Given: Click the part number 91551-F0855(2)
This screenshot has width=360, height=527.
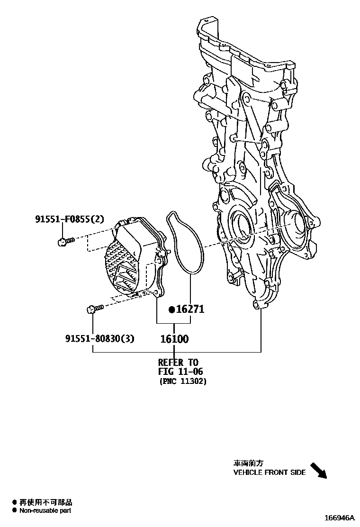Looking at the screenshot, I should tap(69, 219).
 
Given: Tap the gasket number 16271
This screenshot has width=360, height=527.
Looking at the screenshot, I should tap(190, 309).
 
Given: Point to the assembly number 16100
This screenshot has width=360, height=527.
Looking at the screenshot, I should tap(174, 339).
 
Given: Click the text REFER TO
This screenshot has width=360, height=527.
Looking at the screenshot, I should tap(178, 363).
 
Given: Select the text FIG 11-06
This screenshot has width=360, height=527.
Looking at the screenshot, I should tap(180, 372).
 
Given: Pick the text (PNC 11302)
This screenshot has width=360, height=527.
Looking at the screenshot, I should tap(182, 381).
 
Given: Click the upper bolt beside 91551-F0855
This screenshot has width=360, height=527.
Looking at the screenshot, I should tap(65, 242).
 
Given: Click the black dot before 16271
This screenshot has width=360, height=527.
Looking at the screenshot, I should tap(172, 310).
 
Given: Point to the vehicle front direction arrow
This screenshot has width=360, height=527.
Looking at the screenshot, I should tap(318, 470).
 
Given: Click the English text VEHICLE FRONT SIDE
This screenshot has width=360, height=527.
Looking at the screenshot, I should tap(269, 472).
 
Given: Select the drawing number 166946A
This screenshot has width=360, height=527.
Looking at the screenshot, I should tap(339, 518).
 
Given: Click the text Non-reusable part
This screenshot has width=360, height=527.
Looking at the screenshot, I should tap(45, 510).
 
